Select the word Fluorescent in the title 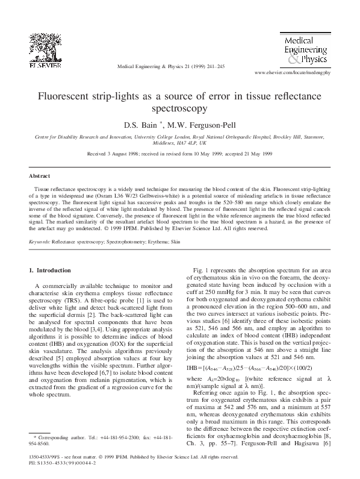[x=67, y=97]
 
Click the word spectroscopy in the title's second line [x=179, y=109]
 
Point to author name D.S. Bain [x=144, y=125]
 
